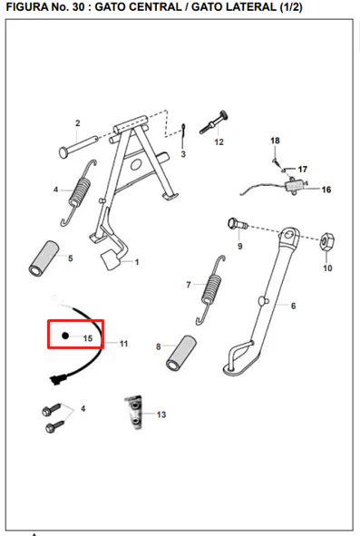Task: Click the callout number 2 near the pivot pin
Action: pos(78,123)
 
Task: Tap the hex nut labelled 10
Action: pos(326,240)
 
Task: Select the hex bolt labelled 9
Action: pos(238,224)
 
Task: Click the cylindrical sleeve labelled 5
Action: pos(44,258)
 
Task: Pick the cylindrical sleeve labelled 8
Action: pos(180,353)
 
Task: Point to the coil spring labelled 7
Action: pos(210,290)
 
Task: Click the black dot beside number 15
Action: pos(65,336)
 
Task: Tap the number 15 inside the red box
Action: pos(88,338)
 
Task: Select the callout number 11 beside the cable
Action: pos(123,344)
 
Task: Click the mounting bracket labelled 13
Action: pos(134,413)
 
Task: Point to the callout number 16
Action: pos(326,190)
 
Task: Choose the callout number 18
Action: pos(275,141)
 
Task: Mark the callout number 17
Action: pos(303,170)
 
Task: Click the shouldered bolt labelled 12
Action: pos(214,122)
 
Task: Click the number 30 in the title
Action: pos(78,7)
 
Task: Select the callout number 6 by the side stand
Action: pos(293,306)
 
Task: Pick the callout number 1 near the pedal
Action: pos(137,262)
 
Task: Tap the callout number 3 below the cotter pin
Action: pos(183,154)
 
